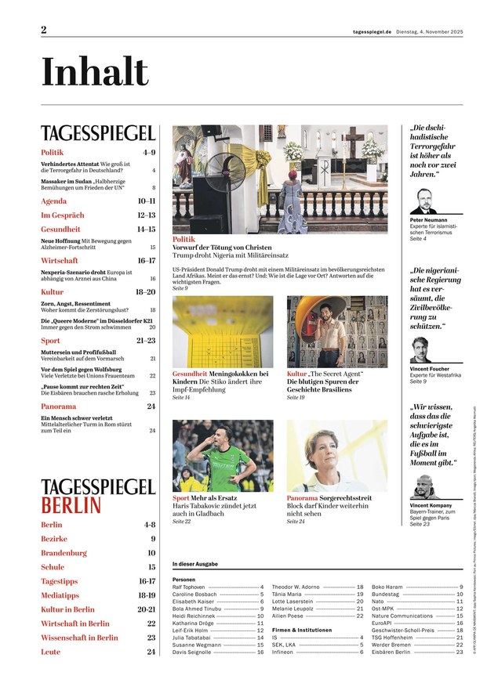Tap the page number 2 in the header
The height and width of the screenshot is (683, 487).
[x=44, y=30]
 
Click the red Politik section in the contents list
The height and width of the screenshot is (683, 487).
[x=52, y=152]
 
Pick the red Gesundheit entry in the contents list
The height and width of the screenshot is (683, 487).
[x=61, y=229]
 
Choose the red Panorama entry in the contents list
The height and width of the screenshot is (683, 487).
[x=59, y=407]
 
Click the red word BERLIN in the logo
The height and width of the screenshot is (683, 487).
[x=71, y=504]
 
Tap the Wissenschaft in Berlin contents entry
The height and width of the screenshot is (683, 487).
[x=79, y=638]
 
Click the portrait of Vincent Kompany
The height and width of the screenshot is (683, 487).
[x=423, y=486]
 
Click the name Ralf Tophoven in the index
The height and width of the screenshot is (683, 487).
[x=190, y=586]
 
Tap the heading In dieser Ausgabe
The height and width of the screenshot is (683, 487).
[x=194, y=564]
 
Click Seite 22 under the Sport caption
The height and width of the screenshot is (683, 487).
[x=181, y=521]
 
